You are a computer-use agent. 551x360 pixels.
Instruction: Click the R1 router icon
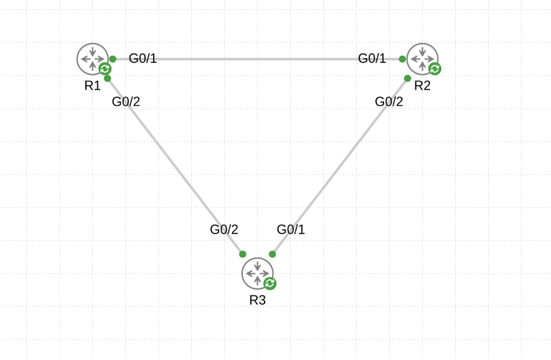pos(92,59)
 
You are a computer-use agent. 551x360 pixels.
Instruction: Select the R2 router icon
pos(422,59)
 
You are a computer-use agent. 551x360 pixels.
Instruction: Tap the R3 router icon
pos(257,273)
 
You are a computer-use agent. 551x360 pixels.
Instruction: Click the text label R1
pos(92,86)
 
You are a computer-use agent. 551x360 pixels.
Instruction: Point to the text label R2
pos(422,86)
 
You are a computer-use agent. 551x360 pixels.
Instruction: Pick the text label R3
pos(257,300)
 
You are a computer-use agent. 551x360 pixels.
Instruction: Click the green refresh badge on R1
pos(105,69)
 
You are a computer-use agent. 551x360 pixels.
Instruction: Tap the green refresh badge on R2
pos(435,69)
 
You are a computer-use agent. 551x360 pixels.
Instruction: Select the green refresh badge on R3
pos(270,283)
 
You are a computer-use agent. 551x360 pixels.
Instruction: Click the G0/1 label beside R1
pos(143,59)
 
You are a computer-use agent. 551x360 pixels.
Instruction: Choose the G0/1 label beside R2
pos(372,59)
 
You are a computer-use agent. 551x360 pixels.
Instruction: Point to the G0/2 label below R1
pos(126,102)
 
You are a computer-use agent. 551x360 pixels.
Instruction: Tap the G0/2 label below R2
pos(389,102)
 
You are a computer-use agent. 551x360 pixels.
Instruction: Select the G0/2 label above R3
pos(224,229)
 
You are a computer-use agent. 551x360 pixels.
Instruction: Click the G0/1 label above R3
pos(291,229)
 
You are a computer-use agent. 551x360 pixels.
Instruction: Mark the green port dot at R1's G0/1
pos(113,59)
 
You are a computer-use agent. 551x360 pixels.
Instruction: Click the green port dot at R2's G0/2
pos(407,78)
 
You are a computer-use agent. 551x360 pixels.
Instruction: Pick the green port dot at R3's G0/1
pos(272,254)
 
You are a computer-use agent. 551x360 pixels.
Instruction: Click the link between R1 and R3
pos(174,166)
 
